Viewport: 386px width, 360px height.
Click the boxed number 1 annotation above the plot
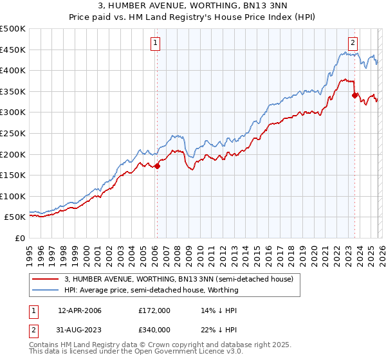coord(156,43)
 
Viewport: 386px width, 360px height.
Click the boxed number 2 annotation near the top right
coord(353,43)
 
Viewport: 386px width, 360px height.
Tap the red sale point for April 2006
coord(157,166)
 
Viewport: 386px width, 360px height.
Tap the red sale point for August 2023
coord(354,95)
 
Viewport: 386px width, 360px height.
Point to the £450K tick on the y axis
coord(14,50)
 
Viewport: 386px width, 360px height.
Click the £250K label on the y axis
coord(14,133)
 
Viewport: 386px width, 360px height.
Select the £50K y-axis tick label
coord(16,217)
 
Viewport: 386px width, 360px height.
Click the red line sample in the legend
coord(46,279)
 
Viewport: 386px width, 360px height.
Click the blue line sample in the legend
coord(46,290)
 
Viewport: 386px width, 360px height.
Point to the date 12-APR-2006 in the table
coord(80,310)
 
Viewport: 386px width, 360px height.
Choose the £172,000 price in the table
coord(154,310)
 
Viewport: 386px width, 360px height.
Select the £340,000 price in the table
coord(154,329)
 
